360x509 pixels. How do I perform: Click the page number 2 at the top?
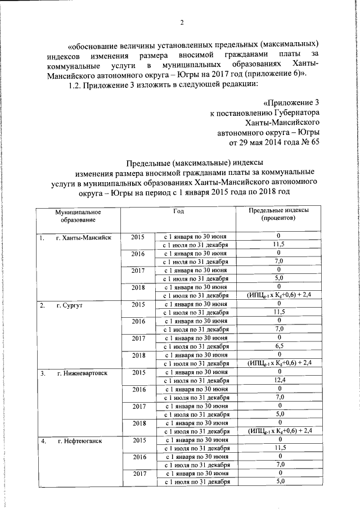tap(182, 22)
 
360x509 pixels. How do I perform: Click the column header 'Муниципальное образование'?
tap(78, 215)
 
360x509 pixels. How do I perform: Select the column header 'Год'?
tap(179, 211)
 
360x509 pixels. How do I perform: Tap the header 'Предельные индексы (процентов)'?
tap(279, 215)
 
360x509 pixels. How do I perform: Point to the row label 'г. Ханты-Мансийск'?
tap(83, 237)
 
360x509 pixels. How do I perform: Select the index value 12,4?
tap(280, 381)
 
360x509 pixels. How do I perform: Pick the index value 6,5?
tap(280, 347)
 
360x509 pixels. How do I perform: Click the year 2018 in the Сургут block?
tap(138, 355)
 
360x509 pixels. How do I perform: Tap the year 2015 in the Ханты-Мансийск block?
tap(138, 237)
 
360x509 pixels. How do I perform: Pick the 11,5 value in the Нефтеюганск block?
tap(280, 448)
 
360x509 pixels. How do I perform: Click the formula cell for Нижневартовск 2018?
tap(280, 431)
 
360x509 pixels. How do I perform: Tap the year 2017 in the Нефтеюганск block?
tap(138, 474)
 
